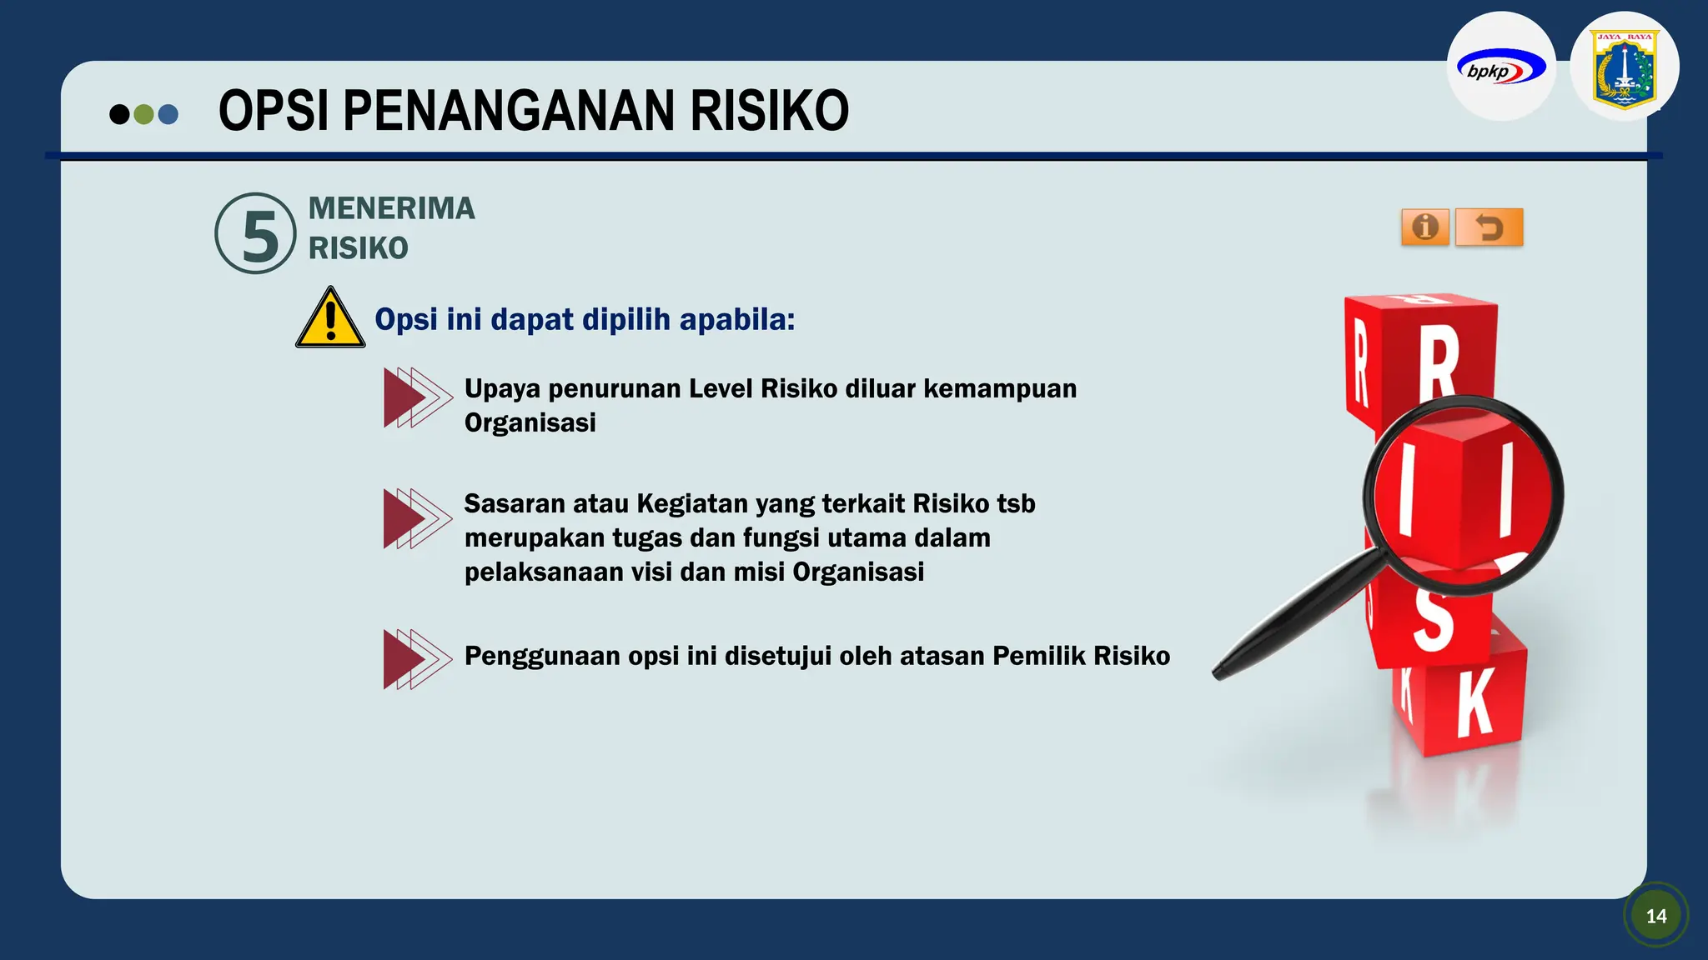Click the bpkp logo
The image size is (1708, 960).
tap(1500, 67)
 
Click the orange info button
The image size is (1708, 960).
tap(1424, 227)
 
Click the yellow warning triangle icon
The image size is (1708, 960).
tap(330, 319)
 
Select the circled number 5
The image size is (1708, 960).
tap(256, 234)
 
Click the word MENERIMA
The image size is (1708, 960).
tap(391, 208)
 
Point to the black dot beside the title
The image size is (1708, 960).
tap(119, 114)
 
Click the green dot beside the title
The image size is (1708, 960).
tap(143, 114)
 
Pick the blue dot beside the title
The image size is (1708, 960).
tap(168, 114)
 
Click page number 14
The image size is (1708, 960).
tap(1656, 916)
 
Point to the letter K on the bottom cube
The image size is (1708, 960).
tap(1474, 705)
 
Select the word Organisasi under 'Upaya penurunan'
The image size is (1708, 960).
tap(530, 423)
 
